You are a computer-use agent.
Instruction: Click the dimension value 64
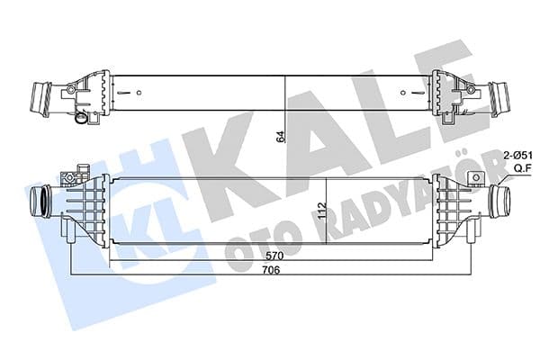coord(280,137)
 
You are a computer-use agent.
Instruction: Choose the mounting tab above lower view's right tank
coord(466,170)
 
